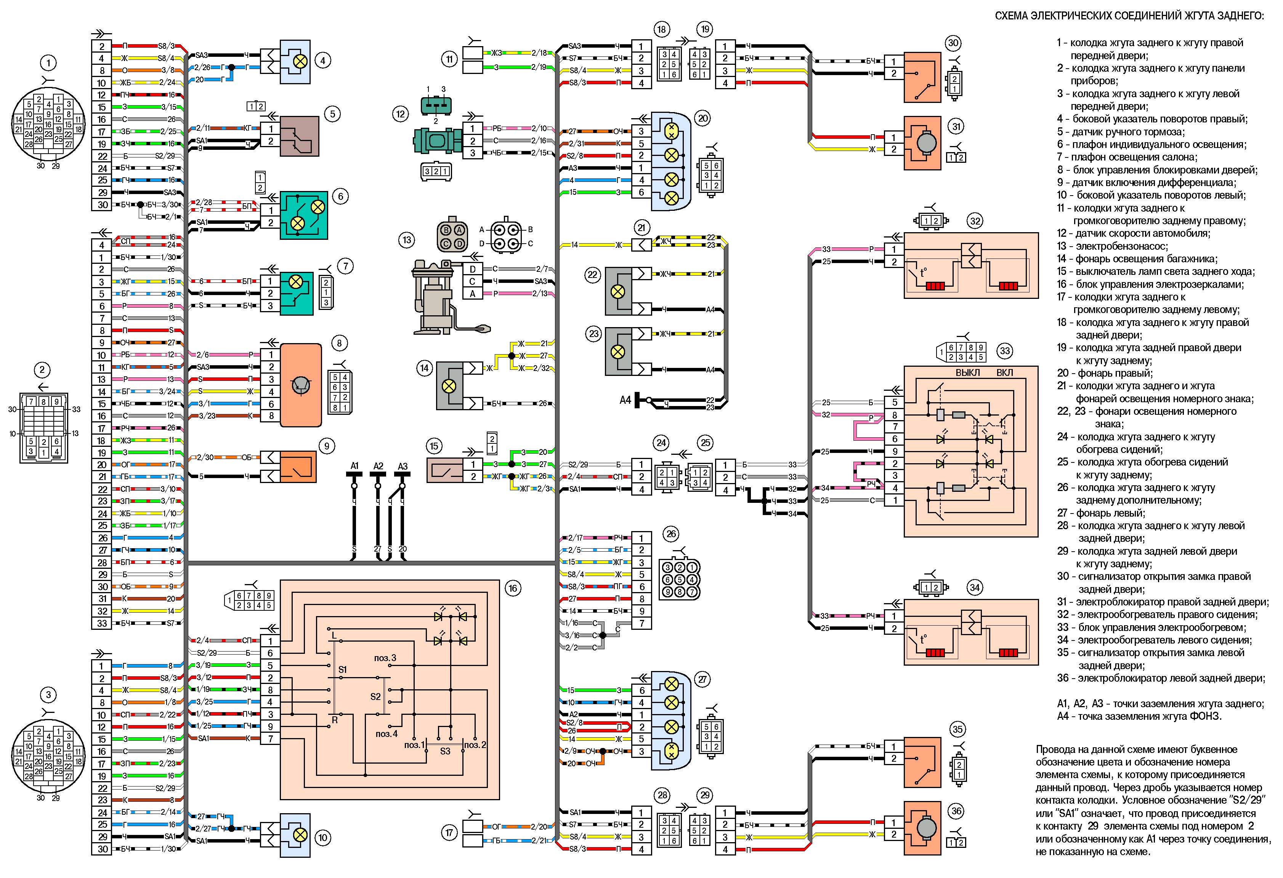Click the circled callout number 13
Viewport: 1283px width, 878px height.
click(x=407, y=240)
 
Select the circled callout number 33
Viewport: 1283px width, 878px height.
click(x=1005, y=351)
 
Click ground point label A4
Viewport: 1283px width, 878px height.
click(x=625, y=399)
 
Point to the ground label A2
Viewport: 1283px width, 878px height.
click(x=378, y=466)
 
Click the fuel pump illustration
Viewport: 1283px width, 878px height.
click(x=447, y=298)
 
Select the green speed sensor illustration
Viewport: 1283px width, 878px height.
click(x=436, y=141)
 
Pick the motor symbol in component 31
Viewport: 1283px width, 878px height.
click(x=922, y=143)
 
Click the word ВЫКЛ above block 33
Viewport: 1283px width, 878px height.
click(x=968, y=373)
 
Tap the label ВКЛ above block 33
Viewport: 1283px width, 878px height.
click(x=1005, y=373)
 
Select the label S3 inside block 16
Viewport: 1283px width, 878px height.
click(x=445, y=751)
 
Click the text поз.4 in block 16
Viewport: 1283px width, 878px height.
click(x=387, y=734)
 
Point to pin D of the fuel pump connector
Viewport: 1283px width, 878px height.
click(x=473, y=269)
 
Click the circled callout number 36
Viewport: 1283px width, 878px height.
click(x=956, y=811)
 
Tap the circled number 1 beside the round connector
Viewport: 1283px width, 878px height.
click(x=48, y=63)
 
